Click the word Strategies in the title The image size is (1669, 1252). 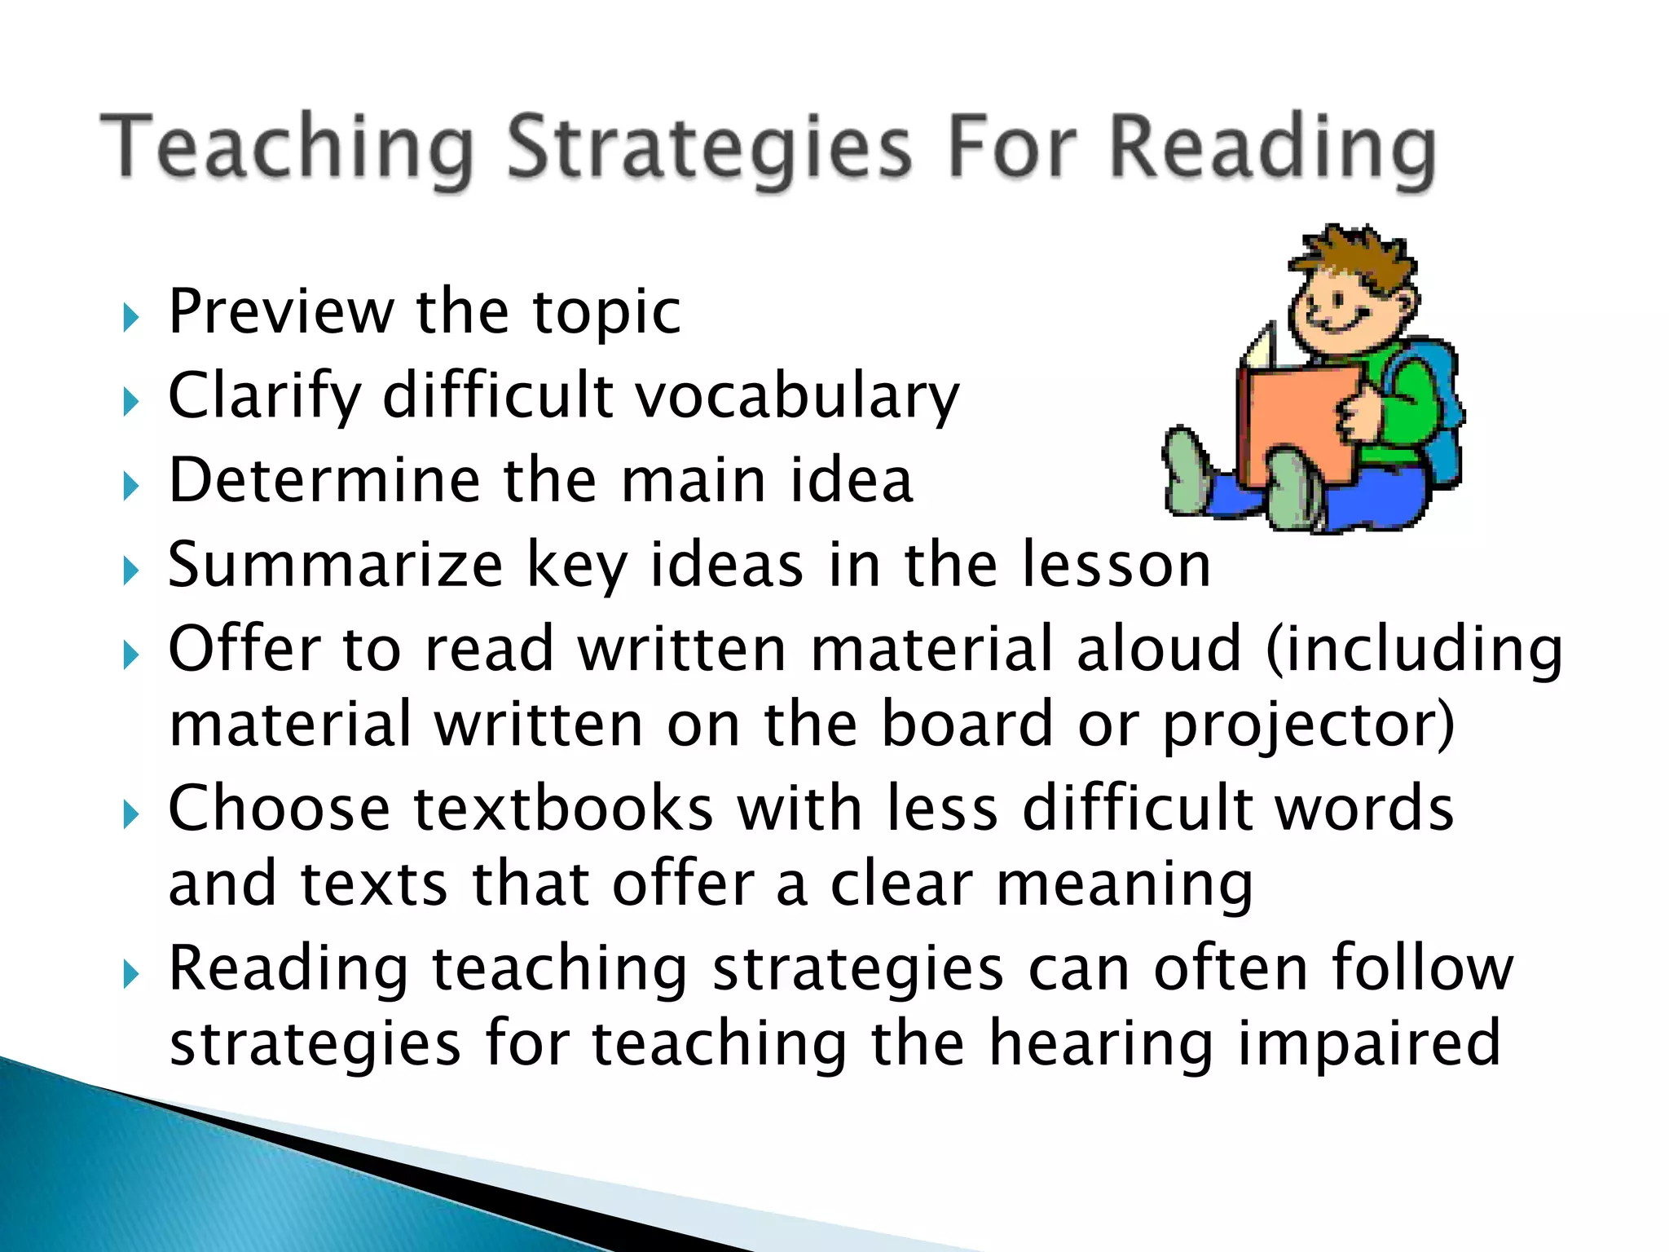point(709,149)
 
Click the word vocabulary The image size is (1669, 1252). point(797,397)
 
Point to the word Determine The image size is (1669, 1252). point(324,480)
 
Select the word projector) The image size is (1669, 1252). point(1307,725)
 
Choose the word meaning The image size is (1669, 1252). point(1125,886)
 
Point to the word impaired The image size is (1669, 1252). point(1368,1044)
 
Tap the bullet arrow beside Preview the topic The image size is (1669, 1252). point(130,318)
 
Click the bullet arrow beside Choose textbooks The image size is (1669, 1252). point(130,813)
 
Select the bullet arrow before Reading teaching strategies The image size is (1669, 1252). point(130,973)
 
